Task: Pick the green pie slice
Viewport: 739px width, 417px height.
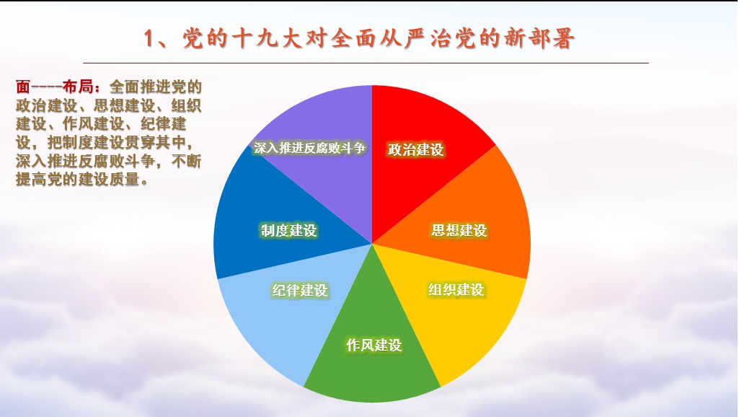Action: (372, 349)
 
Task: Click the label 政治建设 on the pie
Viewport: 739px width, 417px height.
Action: (416, 149)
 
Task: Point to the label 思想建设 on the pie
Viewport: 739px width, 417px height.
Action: (459, 230)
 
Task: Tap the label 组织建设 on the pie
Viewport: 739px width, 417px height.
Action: (456, 289)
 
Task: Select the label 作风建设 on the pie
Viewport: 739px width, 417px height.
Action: (374, 345)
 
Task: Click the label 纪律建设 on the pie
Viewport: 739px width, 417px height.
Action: (300, 290)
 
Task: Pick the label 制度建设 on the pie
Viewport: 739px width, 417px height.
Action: (289, 230)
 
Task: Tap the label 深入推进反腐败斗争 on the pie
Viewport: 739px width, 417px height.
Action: (309, 148)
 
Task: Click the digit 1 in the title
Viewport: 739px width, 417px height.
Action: (149, 38)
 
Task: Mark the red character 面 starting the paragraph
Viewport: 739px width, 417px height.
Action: (23, 87)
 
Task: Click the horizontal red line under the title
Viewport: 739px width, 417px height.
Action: (366, 63)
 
